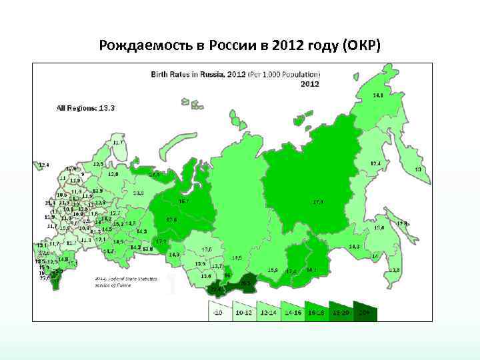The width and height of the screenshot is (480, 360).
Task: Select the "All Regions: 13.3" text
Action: [x=86, y=107]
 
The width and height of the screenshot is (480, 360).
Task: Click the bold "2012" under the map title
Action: [x=309, y=84]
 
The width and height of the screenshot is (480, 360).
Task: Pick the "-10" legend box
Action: [x=217, y=311]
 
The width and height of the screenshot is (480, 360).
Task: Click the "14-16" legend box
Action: [x=293, y=311]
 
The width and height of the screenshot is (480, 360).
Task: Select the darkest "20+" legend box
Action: [x=365, y=311]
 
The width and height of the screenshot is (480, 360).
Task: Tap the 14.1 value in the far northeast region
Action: [x=378, y=95]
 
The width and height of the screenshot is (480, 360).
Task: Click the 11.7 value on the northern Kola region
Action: [x=118, y=143]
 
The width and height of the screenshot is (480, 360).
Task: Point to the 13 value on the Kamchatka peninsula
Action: [x=418, y=169]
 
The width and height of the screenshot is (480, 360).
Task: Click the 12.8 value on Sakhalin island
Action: [x=402, y=223]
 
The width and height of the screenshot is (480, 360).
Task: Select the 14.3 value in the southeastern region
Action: [x=354, y=247]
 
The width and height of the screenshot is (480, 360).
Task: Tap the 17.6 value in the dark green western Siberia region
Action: [x=171, y=219]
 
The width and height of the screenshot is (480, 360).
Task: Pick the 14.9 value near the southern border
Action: [x=175, y=254]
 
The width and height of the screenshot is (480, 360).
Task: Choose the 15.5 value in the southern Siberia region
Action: [x=273, y=270]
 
